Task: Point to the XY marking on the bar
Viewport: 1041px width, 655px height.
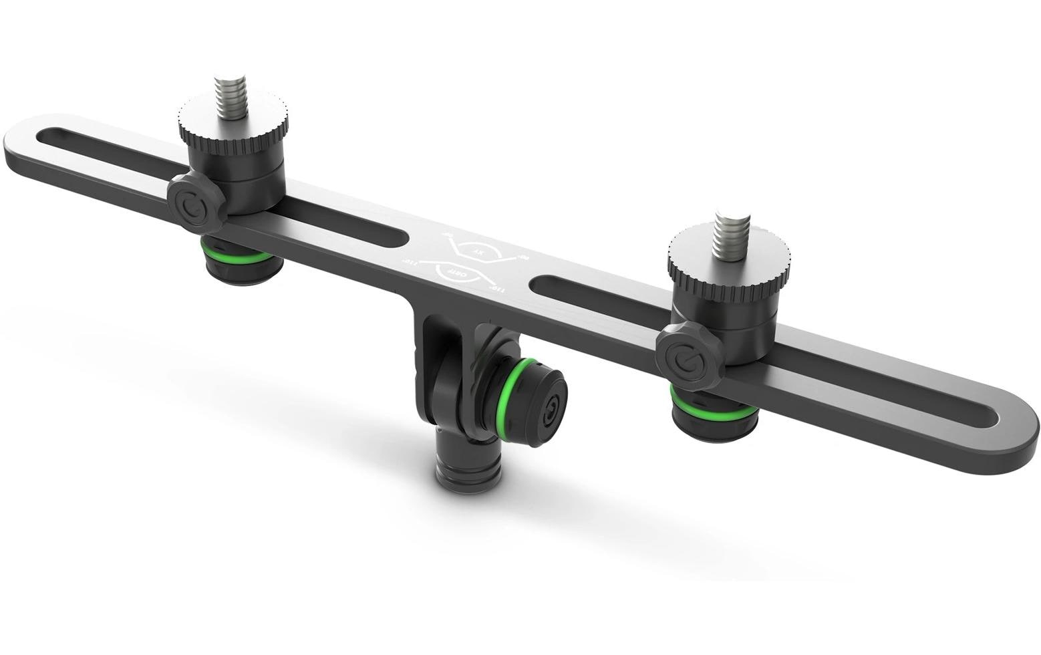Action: [480, 251]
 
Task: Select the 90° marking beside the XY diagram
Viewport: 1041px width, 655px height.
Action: [525, 257]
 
